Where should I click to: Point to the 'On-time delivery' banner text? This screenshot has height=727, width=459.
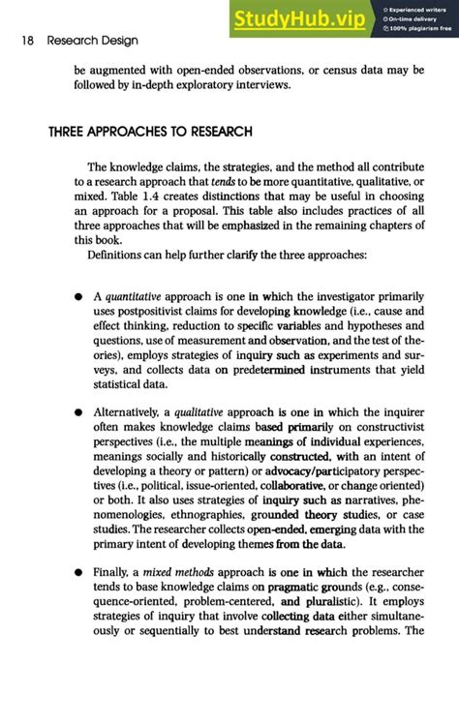[411, 17]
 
